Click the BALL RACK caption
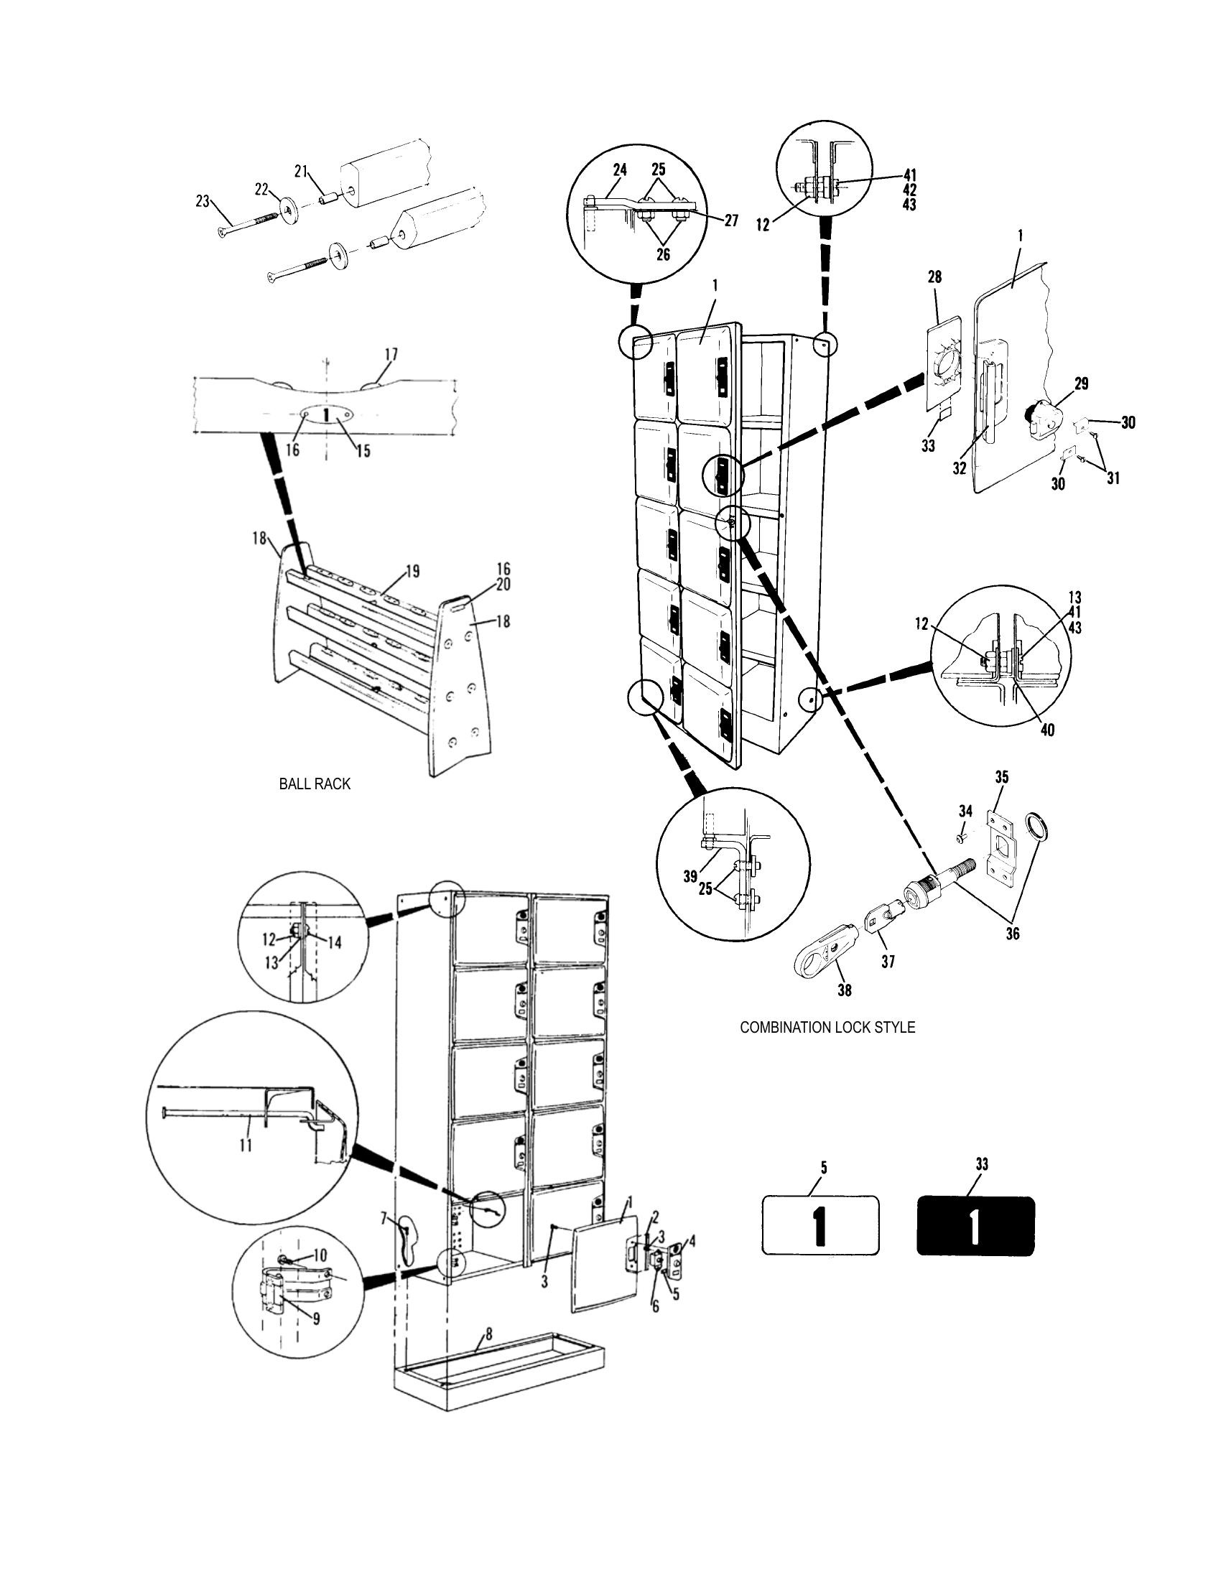(314, 784)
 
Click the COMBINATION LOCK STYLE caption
(827, 1027)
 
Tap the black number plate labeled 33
(975, 1225)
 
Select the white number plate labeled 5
(820, 1225)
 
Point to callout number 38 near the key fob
(844, 990)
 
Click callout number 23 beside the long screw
(203, 201)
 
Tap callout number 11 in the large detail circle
(246, 1145)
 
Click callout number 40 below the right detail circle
(1046, 730)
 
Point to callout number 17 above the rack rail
(391, 355)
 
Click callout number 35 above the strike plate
(1001, 778)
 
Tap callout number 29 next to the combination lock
(1081, 384)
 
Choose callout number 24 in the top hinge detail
(620, 170)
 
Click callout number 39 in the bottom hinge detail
(690, 876)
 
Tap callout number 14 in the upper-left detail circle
(335, 942)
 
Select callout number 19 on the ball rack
(412, 572)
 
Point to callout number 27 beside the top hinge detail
(730, 220)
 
